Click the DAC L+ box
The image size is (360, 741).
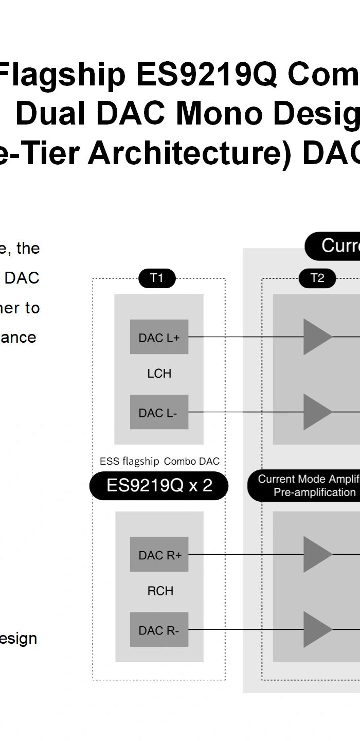159,337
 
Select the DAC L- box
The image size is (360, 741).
159,412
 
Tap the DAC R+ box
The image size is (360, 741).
159,555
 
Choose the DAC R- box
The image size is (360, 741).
159,630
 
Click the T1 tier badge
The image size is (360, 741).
157,278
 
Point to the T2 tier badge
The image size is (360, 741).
317,278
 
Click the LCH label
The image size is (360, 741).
159,374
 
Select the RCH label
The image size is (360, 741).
160,591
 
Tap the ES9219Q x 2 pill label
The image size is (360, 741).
159,486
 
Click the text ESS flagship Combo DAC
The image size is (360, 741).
159,462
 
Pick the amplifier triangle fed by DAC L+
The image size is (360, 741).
317,337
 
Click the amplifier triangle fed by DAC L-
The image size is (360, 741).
317,412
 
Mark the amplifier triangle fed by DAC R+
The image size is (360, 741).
317,555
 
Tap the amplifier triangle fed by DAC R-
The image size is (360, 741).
317,630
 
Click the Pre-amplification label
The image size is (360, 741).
314,492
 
